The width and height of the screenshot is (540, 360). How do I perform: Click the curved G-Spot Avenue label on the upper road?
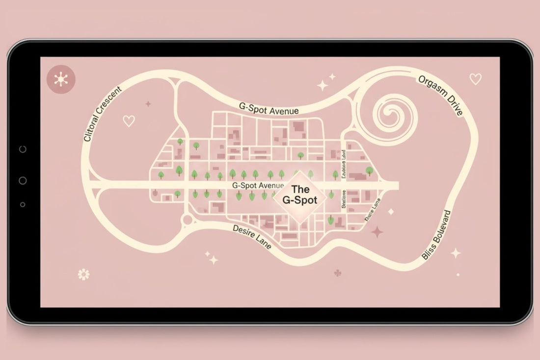269,109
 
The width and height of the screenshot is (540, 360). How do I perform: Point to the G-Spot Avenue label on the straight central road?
258,186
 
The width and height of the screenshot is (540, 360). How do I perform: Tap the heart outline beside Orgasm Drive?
475,79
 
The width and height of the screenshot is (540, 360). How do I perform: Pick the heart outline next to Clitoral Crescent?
129,121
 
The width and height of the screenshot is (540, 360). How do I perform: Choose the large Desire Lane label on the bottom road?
252,236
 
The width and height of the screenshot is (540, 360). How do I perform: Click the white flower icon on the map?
84,274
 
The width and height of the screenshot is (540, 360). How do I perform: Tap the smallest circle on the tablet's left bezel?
23,204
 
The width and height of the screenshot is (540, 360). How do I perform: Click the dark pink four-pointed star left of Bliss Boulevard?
377,232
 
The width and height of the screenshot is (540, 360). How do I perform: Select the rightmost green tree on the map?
369,170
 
